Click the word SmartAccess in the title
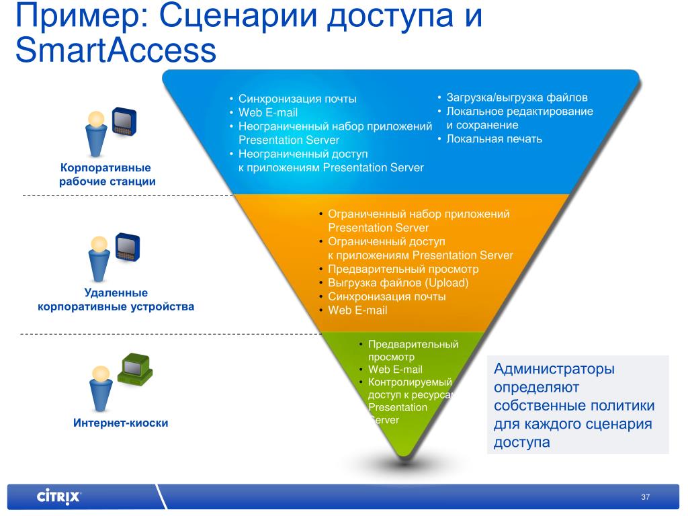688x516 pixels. [x=116, y=52]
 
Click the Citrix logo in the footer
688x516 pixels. [x=58, y=497]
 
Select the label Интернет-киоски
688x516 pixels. [x=121, y=423]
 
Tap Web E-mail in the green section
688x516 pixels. [x=395, y=370]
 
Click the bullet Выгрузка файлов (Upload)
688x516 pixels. [x=398, y=282]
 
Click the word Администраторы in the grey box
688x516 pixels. [x=554, y=369]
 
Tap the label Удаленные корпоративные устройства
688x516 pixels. [x=116, y=300]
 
